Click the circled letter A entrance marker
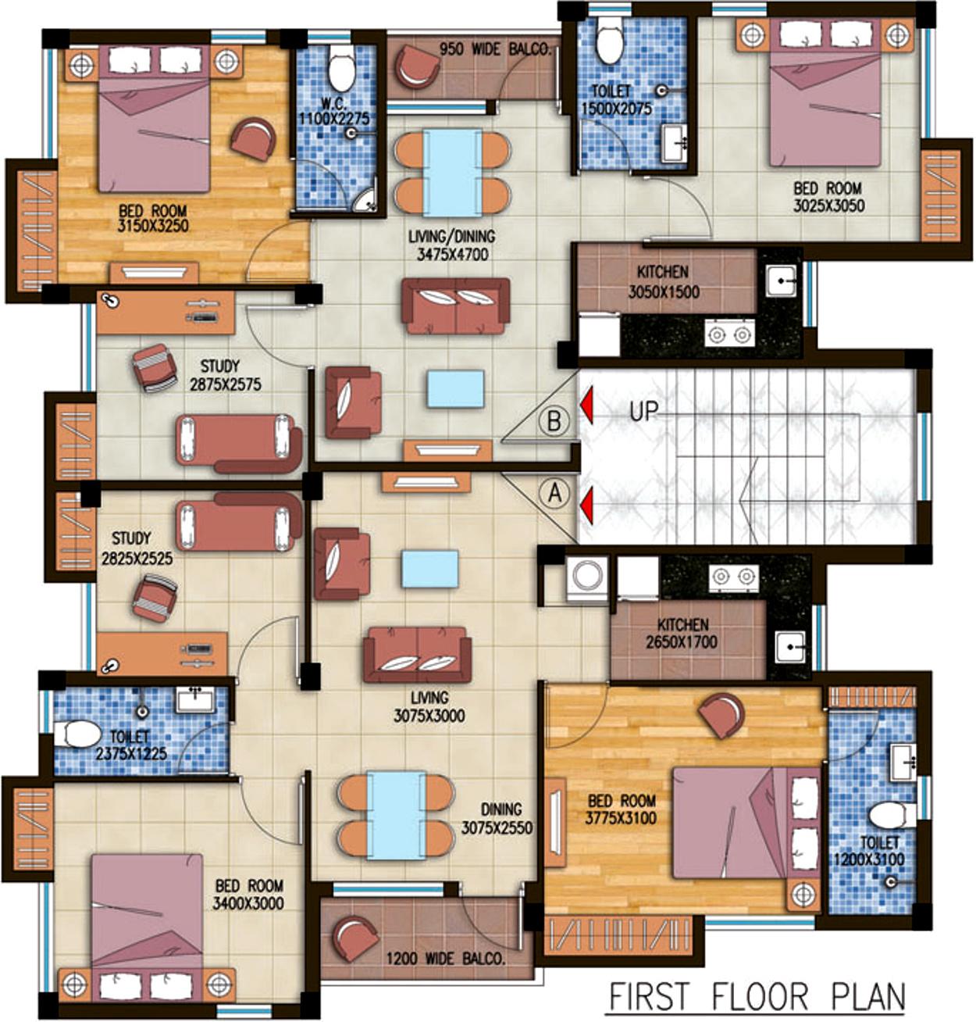554,493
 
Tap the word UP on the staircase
643,411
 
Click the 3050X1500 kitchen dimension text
664,291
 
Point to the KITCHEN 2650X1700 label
682,633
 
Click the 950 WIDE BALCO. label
495,49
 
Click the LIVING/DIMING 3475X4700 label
452,245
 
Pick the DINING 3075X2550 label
497,819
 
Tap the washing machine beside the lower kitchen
587,576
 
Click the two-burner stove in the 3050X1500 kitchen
729,334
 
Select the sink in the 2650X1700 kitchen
790,648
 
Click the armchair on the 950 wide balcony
417,67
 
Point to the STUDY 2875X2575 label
226,375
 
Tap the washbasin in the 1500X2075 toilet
676,142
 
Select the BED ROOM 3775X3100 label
621,809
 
